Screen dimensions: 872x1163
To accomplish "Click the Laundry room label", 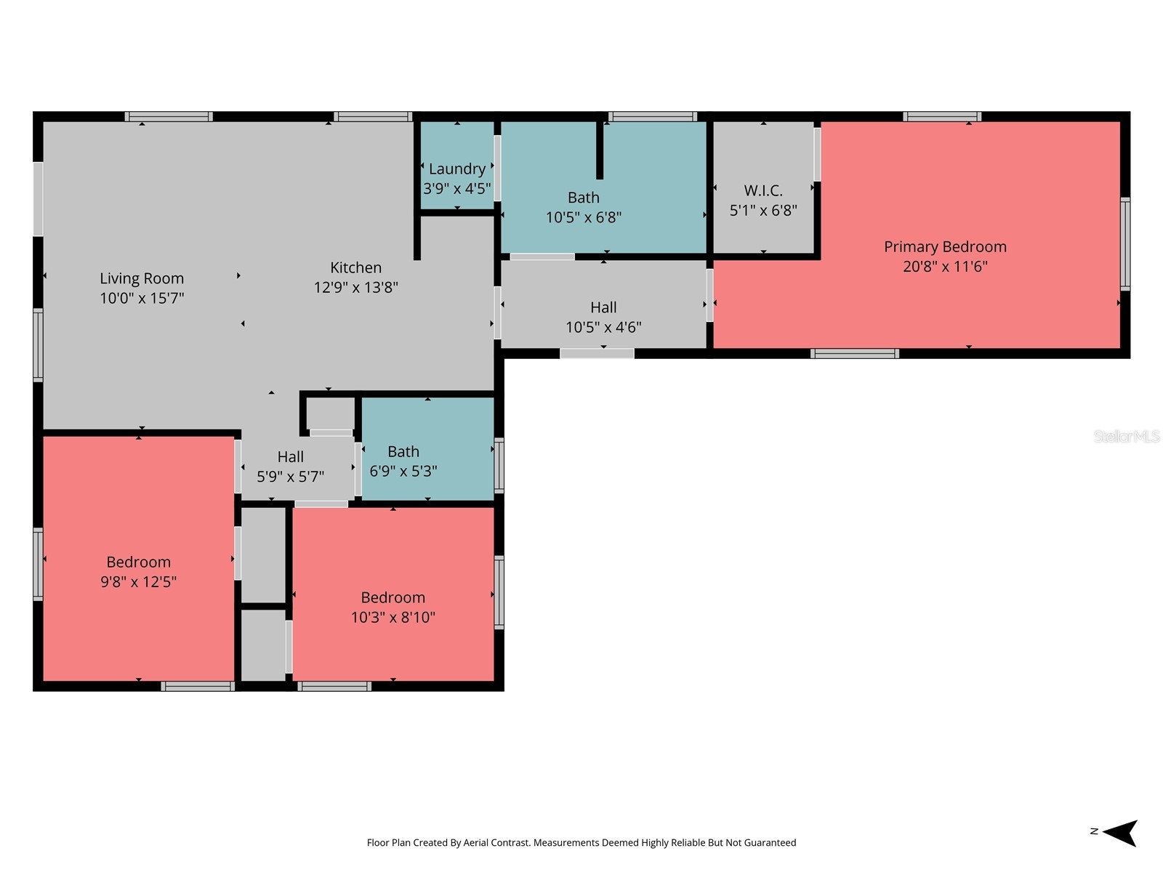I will tap(456, 169).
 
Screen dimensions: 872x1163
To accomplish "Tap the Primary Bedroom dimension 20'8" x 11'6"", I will tap(945, 267).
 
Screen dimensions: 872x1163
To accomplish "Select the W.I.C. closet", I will tap(763, 200).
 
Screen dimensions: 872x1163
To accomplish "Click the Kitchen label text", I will tap(355, 267).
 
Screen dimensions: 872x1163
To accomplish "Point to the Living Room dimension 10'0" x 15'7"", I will tap(142, 298).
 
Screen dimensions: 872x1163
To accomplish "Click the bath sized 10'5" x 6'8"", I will tap(584, 207).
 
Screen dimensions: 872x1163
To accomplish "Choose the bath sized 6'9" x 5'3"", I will tap(403, 461).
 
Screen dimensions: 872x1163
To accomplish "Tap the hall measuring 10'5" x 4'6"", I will tap(603, 317).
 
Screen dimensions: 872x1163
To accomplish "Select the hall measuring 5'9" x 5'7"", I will tap(290, 467).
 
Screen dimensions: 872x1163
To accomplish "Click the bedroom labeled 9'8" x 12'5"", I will tap(138, 571).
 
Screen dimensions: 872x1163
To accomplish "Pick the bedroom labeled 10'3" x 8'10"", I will tap(393, 607).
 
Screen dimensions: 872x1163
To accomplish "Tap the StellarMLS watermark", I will tap(1126, 437).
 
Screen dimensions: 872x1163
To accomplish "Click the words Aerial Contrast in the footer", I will tap(500, 843).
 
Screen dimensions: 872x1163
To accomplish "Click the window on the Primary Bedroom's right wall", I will tap(1124, 244).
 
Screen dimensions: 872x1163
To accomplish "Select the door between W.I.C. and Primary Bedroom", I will tap(817, 154).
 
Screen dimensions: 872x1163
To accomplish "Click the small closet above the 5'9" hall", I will tap(331, 413).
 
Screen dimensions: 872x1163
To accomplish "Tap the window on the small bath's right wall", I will tap(499, 465).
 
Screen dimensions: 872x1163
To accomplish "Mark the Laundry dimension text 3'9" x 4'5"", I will tap(456, 189).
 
